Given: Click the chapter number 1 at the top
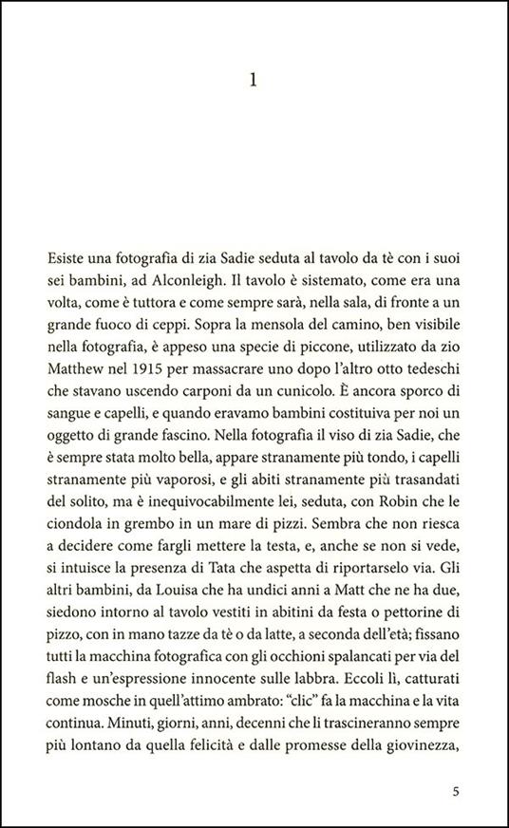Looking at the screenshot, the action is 253,83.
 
